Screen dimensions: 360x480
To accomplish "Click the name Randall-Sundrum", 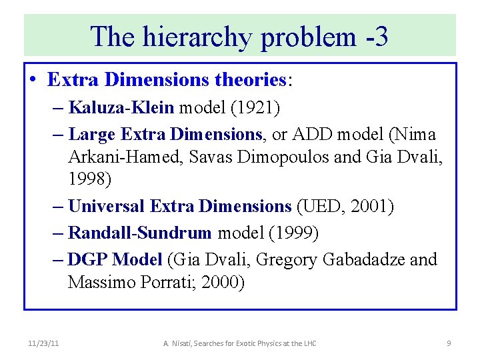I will (x=140, y=233).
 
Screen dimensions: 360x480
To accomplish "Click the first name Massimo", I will (x=101, y=283).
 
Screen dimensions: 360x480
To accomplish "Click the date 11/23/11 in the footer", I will (x=45, y=343).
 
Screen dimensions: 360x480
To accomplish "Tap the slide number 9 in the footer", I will (x=449, y=343).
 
